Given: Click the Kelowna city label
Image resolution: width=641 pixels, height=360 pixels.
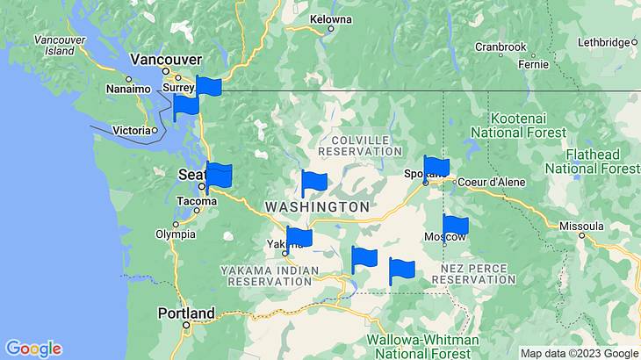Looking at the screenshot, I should (331, 18).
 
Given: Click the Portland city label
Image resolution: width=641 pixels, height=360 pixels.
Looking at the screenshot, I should (185, 313).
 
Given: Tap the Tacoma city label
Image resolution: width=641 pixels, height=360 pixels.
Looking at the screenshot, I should (195, 201).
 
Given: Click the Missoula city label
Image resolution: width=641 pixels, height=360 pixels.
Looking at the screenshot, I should (582, 226).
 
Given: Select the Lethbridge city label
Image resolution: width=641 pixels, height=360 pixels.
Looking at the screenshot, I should (606, 42).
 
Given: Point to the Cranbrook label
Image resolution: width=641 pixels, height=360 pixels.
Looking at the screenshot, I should (500, 47).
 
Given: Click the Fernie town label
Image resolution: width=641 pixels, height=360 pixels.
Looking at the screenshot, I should (533, 64).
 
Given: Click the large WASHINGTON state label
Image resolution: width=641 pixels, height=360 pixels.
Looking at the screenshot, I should (317, 206).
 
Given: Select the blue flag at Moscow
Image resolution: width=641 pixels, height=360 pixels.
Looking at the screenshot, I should (455, 227).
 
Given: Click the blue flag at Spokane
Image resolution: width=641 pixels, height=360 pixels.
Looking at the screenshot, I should (436, 167).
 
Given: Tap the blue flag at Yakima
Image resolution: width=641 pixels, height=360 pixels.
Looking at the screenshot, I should (299, 237).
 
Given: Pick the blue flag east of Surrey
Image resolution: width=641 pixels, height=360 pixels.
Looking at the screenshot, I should (208, 86).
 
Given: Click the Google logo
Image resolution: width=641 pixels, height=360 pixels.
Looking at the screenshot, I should (33, 349).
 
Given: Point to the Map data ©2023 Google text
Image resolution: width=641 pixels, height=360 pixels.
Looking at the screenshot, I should (580, 353).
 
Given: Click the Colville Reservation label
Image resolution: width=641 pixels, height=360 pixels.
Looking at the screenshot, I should (359, 145).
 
